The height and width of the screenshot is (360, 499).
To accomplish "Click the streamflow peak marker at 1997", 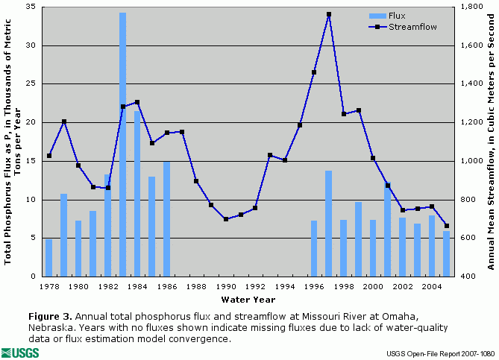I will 329,14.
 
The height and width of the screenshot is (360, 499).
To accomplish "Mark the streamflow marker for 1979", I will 64,121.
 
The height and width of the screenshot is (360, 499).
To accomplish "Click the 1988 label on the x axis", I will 196,286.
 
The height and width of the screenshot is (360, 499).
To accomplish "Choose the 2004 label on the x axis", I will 431,286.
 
